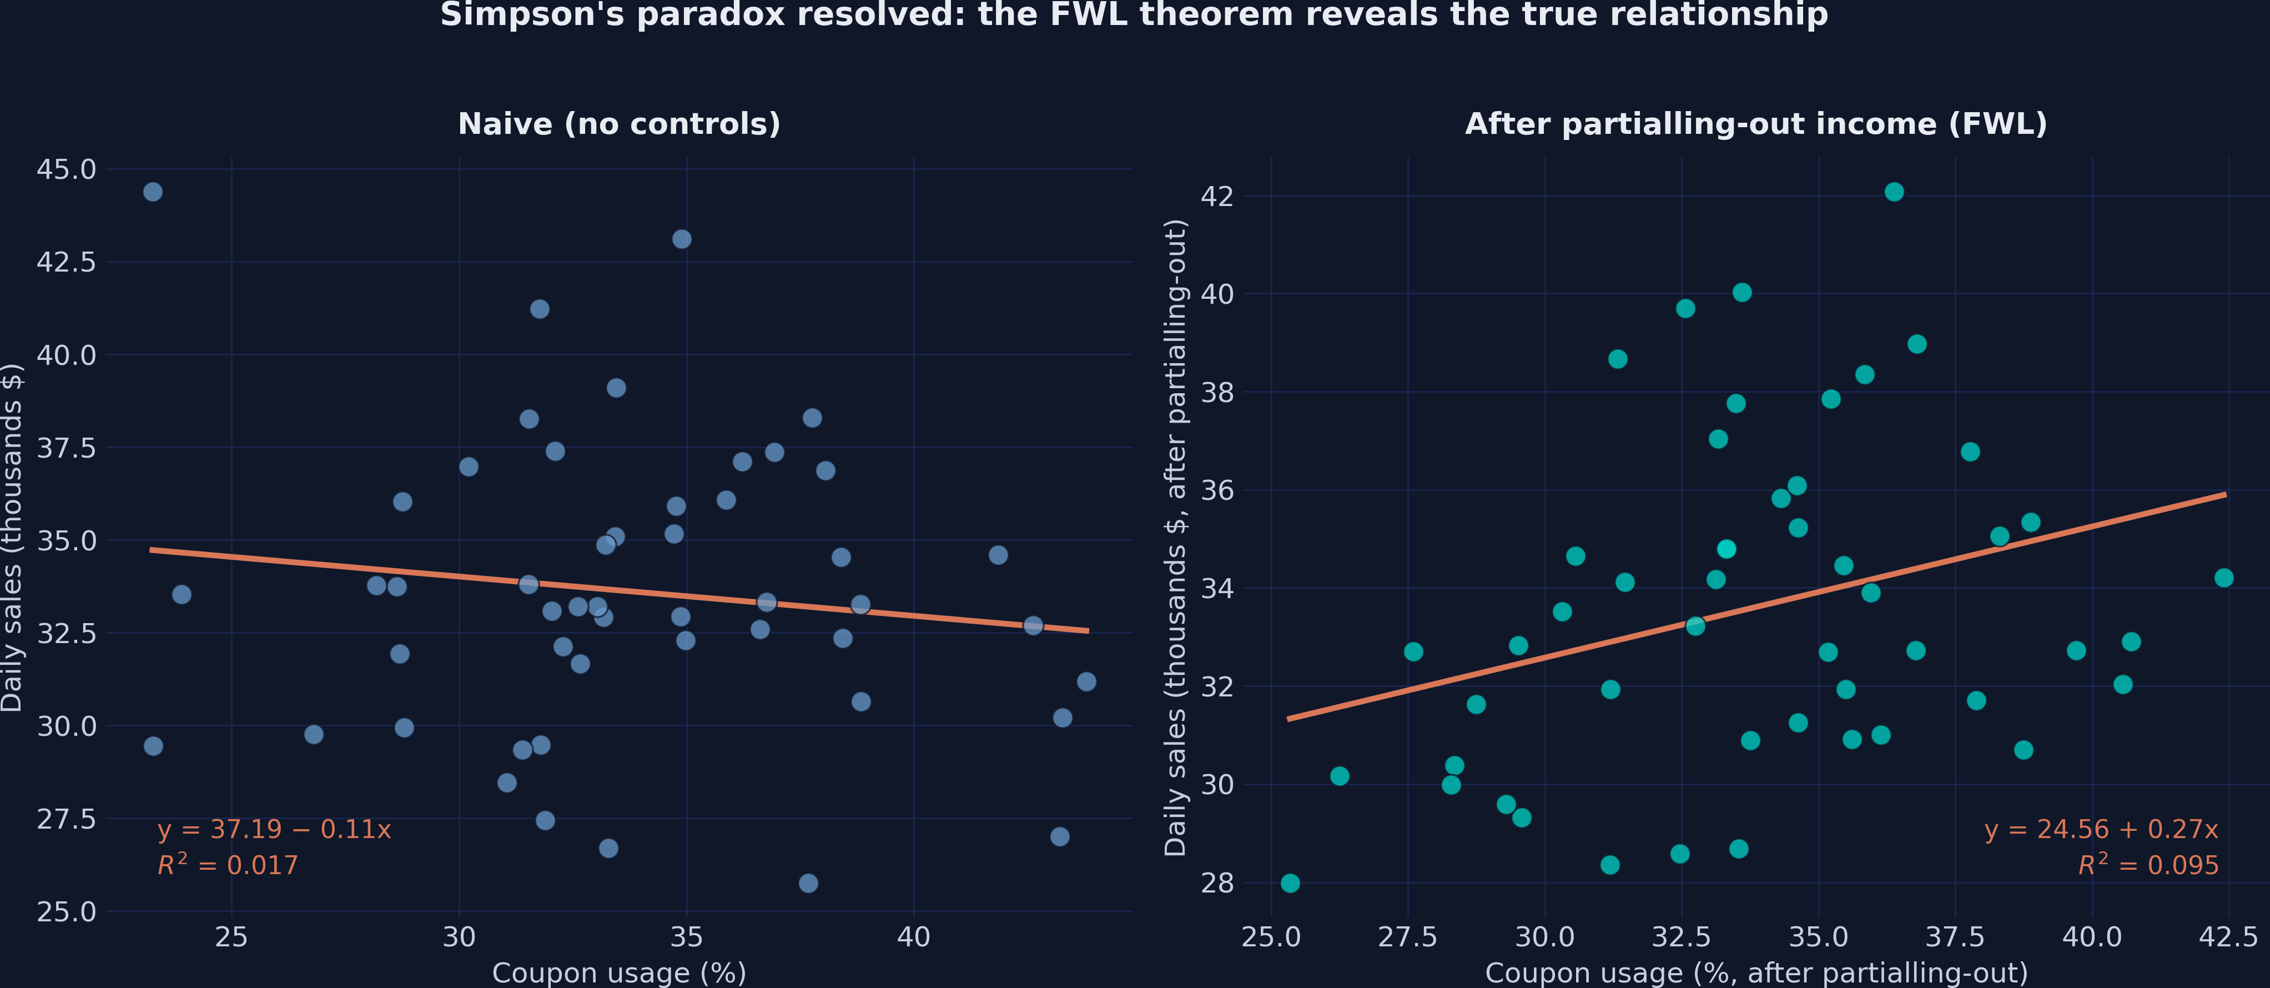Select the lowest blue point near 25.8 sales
coord(808,883)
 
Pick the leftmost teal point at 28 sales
coord(1290,883)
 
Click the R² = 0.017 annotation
coord(228,865)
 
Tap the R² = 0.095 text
coord(2147,865)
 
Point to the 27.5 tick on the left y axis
coord(66,819)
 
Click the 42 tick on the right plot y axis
coord(1216,195)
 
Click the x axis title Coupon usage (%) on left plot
coord(618,973)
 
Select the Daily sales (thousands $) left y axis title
coord(12,538)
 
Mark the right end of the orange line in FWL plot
coord(2225,494)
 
